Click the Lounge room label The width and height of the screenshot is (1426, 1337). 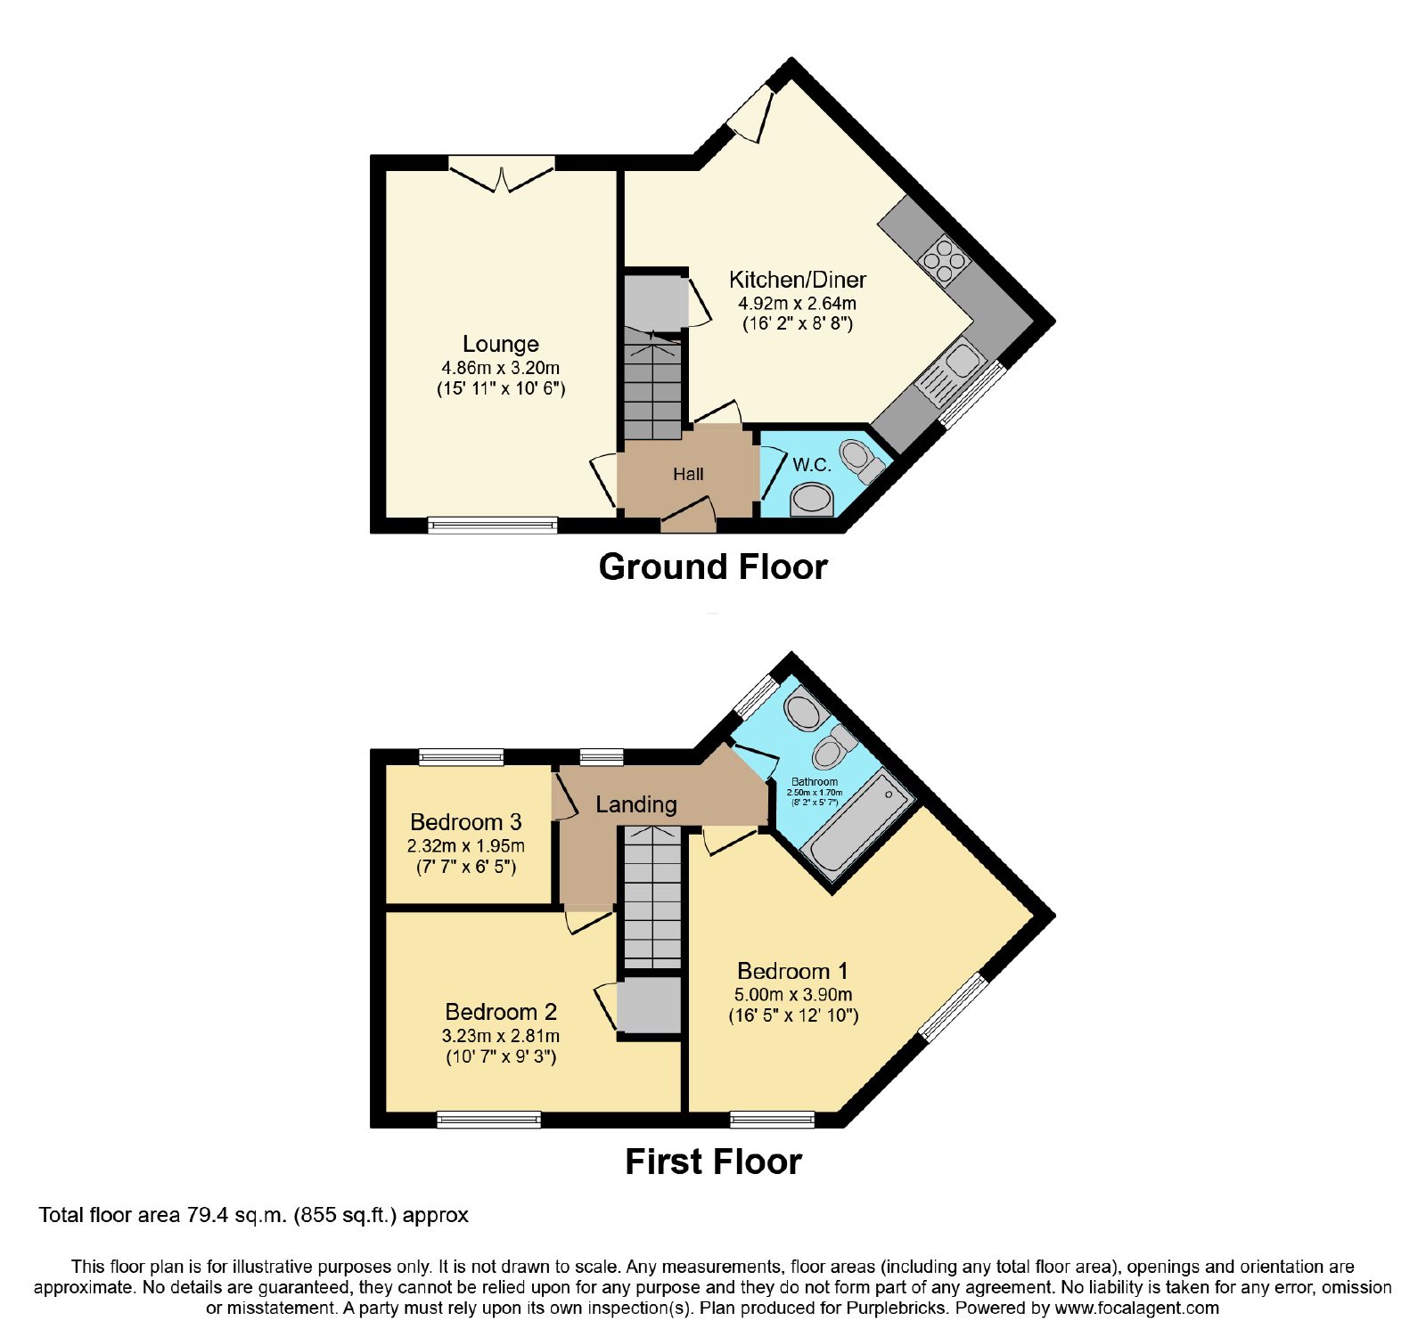click(500, 344)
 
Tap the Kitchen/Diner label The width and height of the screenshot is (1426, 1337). click(798, 280)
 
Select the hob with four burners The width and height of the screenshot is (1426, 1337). click(944, 260)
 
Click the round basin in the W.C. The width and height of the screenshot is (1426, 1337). click(812, 499)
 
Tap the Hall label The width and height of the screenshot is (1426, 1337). click(688, 475)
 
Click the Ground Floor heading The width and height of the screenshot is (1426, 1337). click(713, 567)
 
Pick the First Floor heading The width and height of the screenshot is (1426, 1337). click(713, 1162)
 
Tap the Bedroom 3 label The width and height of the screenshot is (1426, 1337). click(466, 821)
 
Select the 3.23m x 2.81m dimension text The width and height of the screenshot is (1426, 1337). click(501, 1036)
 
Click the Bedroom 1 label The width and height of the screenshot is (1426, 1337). click(792, 970)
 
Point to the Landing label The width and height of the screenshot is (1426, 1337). click(636, 804)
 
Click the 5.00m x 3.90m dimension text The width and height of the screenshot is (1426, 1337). click(793, 994)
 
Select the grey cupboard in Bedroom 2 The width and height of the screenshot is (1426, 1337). click(650, 1006)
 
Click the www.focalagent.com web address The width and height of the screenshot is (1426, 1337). click(1136, 1308)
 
